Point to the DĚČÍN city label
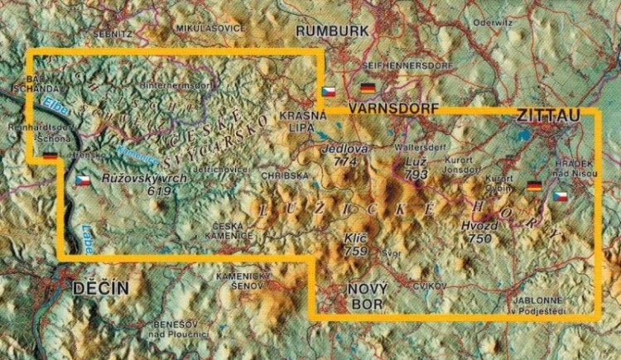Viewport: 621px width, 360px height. [x=100, y=288]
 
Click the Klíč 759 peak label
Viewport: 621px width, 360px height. [x=356, y=243]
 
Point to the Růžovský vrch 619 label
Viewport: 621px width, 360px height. [x=136, y=184]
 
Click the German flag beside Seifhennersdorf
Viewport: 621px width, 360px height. [x=368, y=87]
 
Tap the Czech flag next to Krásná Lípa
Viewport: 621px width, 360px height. [x=329, y=90]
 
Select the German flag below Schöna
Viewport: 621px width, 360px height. [x=50, y=154]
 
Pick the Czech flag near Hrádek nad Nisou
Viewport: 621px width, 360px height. [x=561, y=196]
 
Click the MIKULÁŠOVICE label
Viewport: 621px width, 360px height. [x=210, y=27]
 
